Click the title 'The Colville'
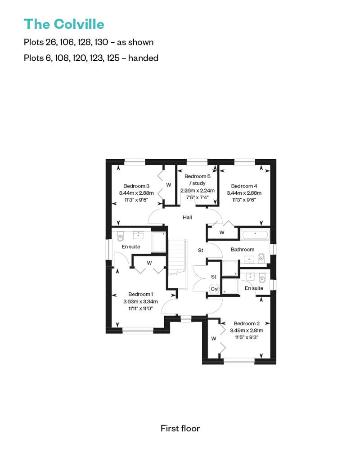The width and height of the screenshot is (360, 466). click(64, 24)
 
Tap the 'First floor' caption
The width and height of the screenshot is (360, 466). click(180, 428)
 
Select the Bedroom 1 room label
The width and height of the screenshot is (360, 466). click(140, 294)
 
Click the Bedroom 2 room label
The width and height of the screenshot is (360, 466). click(247, 323)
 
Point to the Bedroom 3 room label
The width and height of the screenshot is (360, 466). click(136, 186)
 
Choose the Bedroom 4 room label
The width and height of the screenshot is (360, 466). click(244, 186)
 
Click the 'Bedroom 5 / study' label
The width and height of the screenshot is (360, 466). click(198, 180)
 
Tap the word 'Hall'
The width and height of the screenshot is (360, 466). click(187, 218)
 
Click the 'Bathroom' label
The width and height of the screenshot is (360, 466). click(243, 250)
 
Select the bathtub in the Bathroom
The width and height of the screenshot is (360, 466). click(255, 234)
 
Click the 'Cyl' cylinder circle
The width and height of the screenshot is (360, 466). click(214, 289)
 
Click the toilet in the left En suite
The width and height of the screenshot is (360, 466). click(120, 237)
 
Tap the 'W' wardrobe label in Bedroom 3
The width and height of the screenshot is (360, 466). click(169, 185)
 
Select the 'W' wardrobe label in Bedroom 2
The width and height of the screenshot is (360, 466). click(213, 339)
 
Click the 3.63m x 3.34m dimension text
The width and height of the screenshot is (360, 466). click(140, 301)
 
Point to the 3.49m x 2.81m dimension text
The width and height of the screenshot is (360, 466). click(247, 331)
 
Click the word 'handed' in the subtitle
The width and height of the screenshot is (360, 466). click(143, 58)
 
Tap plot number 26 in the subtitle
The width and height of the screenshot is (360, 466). click(51, 42)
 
